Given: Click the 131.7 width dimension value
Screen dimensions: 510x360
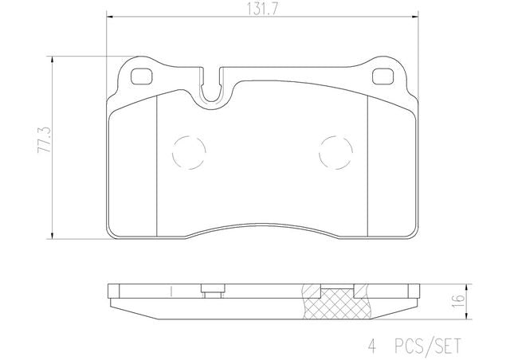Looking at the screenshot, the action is coord(262,9).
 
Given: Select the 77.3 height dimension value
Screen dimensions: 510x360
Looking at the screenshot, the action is coord(45,140).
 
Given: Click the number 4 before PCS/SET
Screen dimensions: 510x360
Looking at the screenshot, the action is coord(372,346).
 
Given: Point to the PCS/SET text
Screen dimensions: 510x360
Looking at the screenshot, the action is coord(428,346).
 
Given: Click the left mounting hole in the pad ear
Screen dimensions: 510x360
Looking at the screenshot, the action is coord(141,76).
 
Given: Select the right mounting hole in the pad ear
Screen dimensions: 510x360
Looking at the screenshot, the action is coord(382,76).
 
